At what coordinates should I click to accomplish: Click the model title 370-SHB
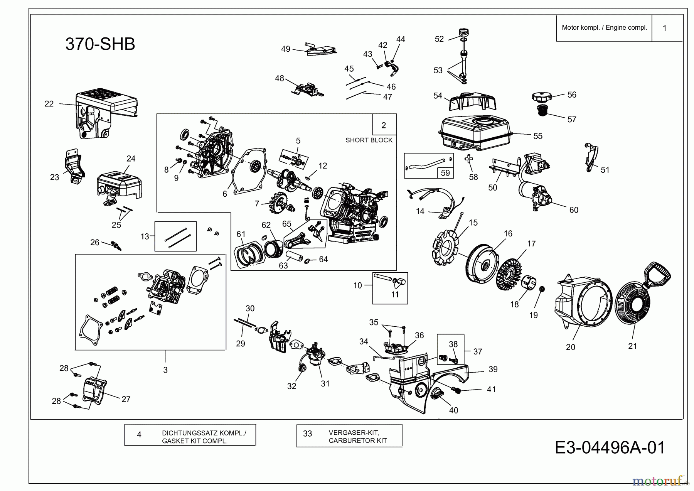coord(100,44)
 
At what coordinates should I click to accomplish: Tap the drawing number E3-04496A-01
coord(610,448)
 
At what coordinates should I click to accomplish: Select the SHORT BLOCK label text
coord(369,140)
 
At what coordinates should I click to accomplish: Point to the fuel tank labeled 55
coord(477,133)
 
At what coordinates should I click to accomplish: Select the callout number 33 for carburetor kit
coord(307,434)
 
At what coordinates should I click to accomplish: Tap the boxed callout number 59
coord(445,173)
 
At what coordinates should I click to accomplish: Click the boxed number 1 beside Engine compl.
coord(664,28)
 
